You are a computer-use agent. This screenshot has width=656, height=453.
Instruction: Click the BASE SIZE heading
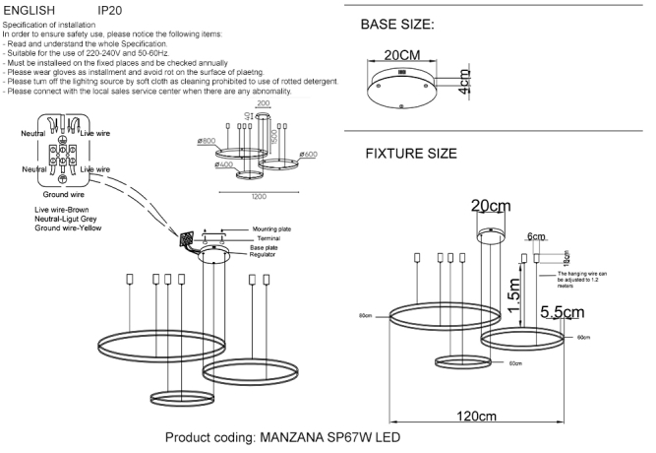click(397, 24)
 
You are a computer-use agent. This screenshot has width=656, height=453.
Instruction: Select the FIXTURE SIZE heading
click(410, 155)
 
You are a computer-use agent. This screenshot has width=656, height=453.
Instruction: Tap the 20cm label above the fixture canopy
click(491, 206)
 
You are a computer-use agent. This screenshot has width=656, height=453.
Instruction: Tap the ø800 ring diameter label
click(207, 140)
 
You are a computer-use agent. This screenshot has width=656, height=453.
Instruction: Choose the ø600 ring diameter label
click(307, 154)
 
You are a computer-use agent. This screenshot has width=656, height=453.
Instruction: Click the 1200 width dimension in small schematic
click(258, 197)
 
